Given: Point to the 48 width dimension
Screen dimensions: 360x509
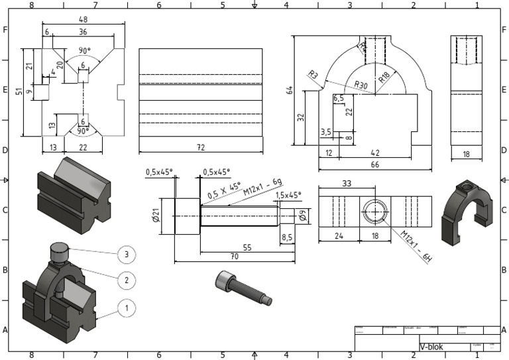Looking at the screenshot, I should pos(84,19).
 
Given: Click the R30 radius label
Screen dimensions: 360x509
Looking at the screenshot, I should pos(361,85).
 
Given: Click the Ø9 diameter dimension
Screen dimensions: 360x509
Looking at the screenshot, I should pos(300,214).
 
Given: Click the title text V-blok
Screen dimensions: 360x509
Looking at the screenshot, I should pos(431,347).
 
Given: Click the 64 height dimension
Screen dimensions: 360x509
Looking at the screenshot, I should pos(290,90).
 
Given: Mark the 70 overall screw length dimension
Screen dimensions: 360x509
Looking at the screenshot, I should pos(234,255).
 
